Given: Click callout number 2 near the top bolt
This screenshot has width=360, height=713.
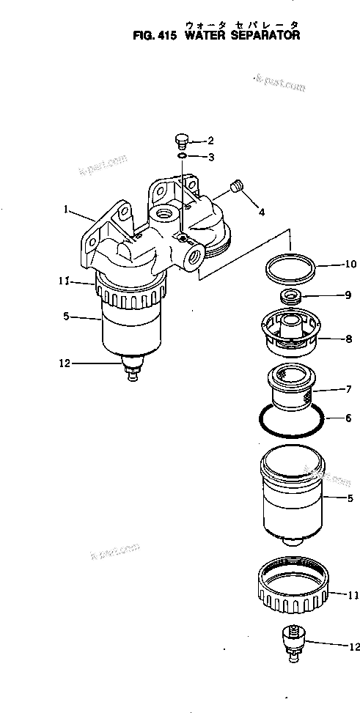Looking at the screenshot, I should pyautogui.click(x=210, y=140).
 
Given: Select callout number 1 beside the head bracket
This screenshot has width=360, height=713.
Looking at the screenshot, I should pyautogui.click(x=66, y=210).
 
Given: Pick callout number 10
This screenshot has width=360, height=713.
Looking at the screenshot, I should pyautogui.click(x=350, y=264).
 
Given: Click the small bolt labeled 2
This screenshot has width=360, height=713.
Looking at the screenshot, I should pyautogui.click(x=182, y=140).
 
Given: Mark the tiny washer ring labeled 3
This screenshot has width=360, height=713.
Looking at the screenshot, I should pyautogui.click(x=183, y=155).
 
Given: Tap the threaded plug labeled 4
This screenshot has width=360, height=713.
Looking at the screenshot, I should pyautogui.click(x=236, y=187).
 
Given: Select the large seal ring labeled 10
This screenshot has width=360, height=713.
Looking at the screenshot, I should pyautogui.click(x=288, y=270).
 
